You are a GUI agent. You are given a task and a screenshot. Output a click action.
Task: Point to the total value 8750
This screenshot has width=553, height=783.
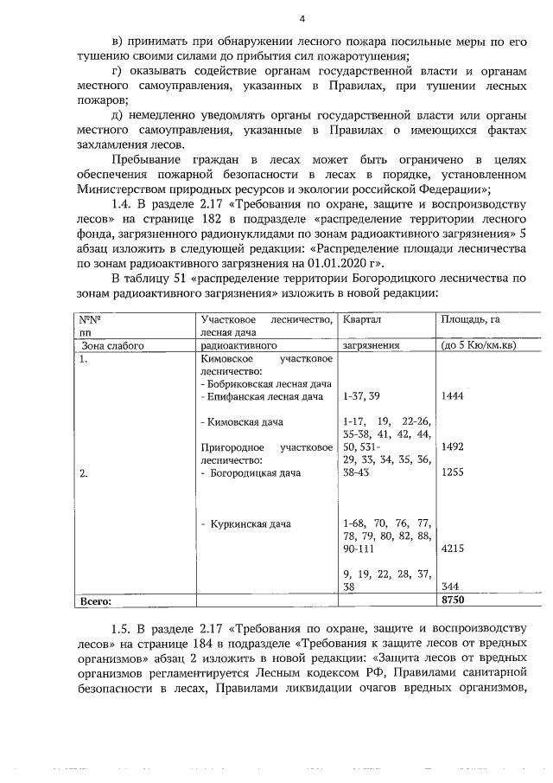coord(454,599)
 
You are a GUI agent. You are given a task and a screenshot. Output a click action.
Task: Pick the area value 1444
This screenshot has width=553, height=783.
coord(453,395)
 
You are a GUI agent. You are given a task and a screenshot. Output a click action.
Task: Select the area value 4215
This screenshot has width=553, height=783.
coord(454,549)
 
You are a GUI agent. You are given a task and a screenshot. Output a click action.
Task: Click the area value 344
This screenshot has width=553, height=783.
coord(450,587)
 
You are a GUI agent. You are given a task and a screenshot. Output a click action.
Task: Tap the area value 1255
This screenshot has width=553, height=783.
coord(453,472)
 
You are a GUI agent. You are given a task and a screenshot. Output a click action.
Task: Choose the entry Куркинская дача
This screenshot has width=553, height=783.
coord(248,523)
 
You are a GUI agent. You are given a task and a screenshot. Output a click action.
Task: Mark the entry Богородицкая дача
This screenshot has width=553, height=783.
coord(257,472)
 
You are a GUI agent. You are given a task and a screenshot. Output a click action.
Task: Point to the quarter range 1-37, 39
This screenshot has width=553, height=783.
coord(361,395)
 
